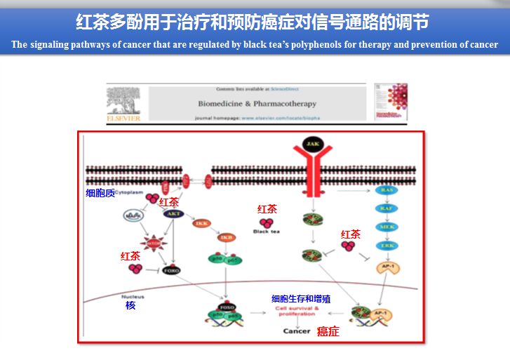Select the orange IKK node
click(201, 224)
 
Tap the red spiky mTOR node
click(152, 244)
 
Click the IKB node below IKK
click(227, 238)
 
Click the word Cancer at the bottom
click(296, 331)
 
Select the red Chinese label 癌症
click(328, 331)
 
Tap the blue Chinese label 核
click(130, 305)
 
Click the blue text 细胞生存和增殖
click(301, 299)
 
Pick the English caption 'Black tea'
click(266, 231)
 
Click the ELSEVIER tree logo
click(123, 102)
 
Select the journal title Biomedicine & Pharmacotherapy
click(257, 103)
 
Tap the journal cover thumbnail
click(390, 102)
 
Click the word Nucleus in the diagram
click(133, 296)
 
